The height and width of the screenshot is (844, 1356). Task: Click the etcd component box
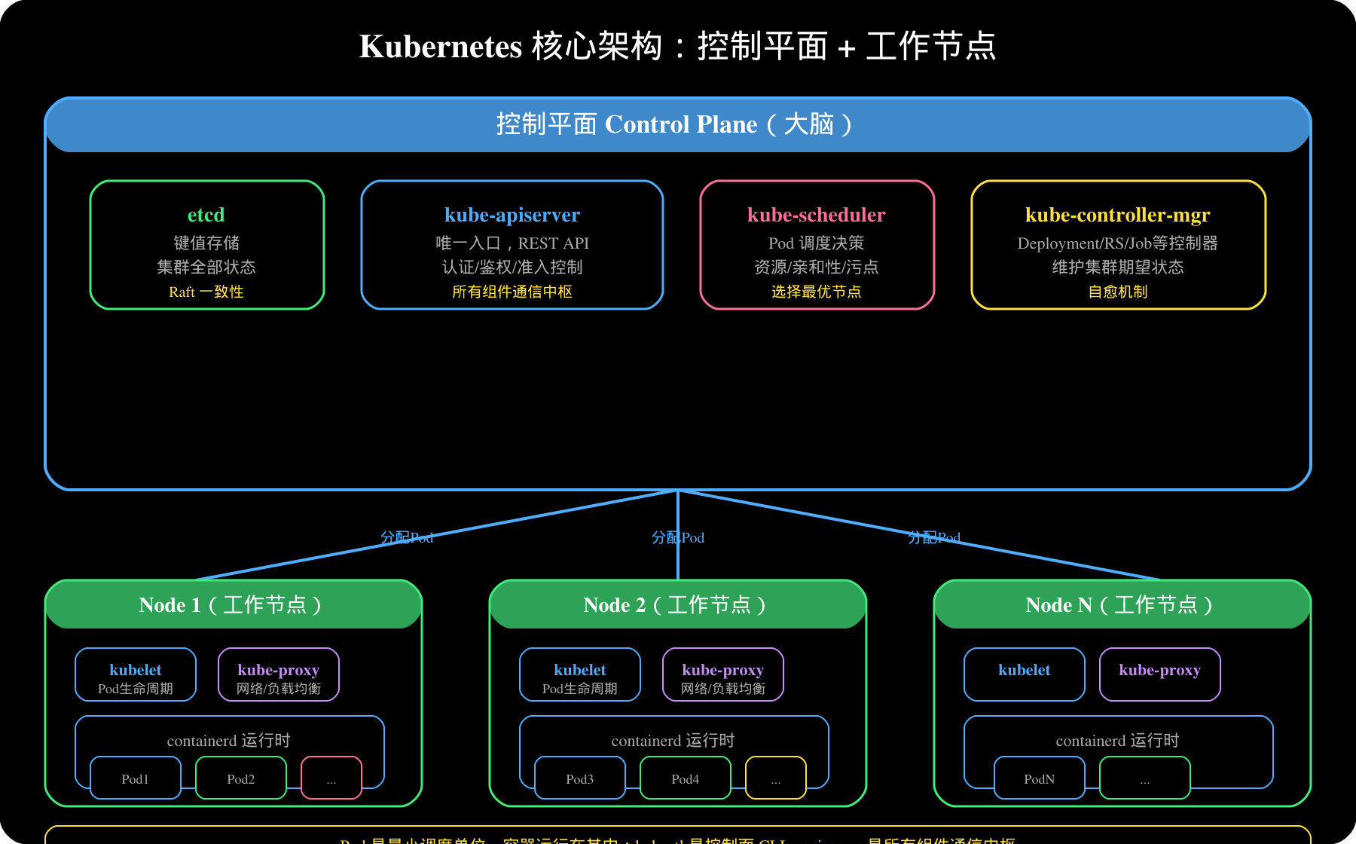pyautogui.click(x=206, y=245)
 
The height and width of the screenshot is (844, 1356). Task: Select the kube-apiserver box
pyautogui.click(x=512, y=245)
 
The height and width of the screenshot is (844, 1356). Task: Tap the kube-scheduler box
pyautogui.click(x=817, y=245)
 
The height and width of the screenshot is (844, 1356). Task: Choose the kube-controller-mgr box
pyautogui.click(x=1118, y=245)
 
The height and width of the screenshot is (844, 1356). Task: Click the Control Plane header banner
pyautogui.click(x=677, y=125)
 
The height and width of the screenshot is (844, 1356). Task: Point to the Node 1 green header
pyautogui.click(x=233, y=604)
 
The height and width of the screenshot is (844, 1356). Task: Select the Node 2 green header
pyautogui.click(x=677, y=604)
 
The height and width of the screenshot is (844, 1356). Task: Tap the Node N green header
pyautogui.click(x=1122, y=604)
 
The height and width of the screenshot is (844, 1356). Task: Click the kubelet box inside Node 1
pyautogui.click(x=136, y=674)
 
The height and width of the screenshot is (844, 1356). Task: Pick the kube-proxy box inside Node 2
pyautogui.click(x=723, y=674)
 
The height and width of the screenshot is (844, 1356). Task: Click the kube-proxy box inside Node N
pyautogui.click(x=1159, y=674)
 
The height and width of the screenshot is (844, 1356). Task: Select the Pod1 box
pyautogui.click(x=136, y=778)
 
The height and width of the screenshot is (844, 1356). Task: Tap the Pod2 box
pyautogui.click(x=241, y=778)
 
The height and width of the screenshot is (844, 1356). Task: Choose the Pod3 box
pyautogui.click(x=580, y=778)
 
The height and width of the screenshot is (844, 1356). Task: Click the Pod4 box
pyautogui.click(x=686, y=778)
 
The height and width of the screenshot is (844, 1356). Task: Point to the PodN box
pyautogui.click(x=1040, y=778)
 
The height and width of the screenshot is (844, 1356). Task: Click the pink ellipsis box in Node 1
pyautogui.click(x=331, y=778)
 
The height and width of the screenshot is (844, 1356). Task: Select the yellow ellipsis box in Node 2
pyautogui.click(x=776, y=778)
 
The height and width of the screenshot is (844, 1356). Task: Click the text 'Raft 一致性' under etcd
pyautogui.click(x=206, y=292)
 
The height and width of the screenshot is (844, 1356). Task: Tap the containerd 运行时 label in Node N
pyautogui.click(x=1117, y=740)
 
